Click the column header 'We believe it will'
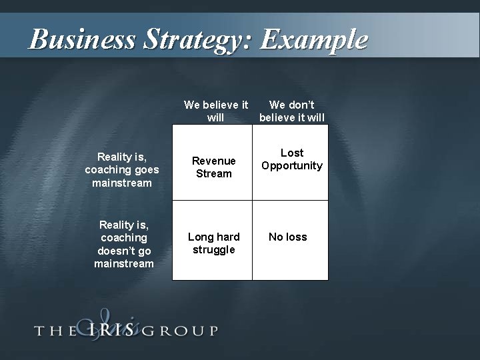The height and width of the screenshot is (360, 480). click(x=216, y=111)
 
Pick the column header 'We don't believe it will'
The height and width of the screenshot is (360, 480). click(x=292, y=111)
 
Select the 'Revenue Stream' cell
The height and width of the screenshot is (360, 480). click(x=213, y=167)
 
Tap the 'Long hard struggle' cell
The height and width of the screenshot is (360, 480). click(x=213, y=243)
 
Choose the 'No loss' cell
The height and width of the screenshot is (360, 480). click(x=287, y=237)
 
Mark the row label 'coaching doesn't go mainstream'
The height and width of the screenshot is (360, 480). click(x=123, y=244)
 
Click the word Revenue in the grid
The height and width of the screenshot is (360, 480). click(x=213, y=161)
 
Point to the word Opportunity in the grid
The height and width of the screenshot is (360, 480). click(x=292, y=165)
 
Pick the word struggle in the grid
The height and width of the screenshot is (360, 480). click(x=213, y=250)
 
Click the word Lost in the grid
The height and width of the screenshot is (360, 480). click(x=292, y=153)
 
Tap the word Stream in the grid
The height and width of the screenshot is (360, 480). click(x=213, y=173)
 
